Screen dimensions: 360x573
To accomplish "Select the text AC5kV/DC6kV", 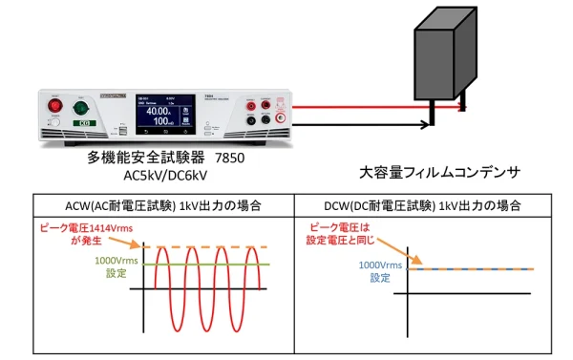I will pos(166,174).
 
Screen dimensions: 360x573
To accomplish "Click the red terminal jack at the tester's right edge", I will pos(279,118).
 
